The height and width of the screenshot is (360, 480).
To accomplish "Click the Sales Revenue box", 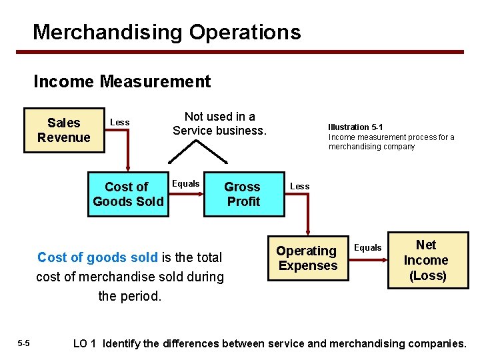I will point(63,130).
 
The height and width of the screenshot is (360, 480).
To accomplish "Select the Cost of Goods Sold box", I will point(128,194).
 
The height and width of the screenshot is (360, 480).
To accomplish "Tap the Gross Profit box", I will point(243,194).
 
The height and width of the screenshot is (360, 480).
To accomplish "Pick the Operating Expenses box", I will point(307,258).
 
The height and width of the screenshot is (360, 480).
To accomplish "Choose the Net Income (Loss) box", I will point(427,260).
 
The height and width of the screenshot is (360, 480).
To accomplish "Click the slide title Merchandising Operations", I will point(167,31).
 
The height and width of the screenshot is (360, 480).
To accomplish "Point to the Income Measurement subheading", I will point(122,81).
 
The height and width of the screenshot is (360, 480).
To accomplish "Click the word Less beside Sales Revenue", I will point(119,122).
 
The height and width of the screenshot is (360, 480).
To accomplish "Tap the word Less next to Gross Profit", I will point(299,186).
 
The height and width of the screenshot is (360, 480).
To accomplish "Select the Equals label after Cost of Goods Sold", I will point(186,183).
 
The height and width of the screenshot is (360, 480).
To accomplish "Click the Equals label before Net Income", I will point(367,247).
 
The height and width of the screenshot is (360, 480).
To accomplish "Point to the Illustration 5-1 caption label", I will point(355,127).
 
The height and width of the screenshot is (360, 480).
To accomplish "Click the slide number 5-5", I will point(23,343).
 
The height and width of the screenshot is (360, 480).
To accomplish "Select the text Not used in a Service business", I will point(219,123).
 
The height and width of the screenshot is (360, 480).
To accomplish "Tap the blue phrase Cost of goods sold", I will point(97,257).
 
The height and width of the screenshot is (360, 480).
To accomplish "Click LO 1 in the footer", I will point(85,343).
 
